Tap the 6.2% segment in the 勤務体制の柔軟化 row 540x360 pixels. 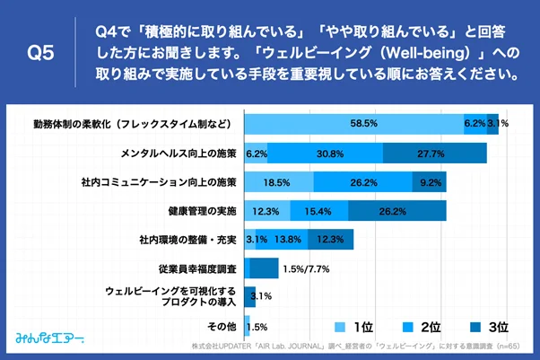click(x=475, y=124)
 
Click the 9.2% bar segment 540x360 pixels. click(x=430, y=182)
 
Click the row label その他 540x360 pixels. click(x=221, y=326)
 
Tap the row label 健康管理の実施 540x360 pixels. click(x=205, y=211)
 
